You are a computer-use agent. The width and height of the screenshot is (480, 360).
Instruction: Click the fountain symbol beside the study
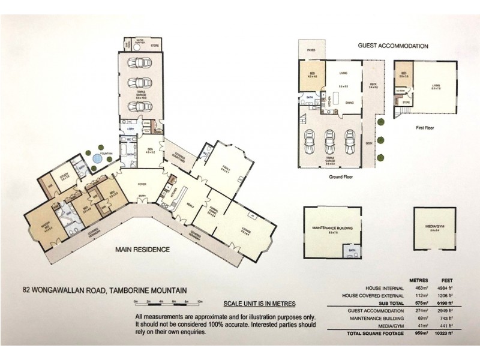96,159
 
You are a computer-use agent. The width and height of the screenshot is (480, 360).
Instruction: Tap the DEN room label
150,151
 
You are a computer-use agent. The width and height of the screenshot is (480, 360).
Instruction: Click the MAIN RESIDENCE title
143,250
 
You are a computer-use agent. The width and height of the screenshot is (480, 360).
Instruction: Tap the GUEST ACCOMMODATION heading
393,46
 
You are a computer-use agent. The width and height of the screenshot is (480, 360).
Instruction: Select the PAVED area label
311,50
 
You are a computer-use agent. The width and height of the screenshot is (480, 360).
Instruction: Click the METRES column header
418,280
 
